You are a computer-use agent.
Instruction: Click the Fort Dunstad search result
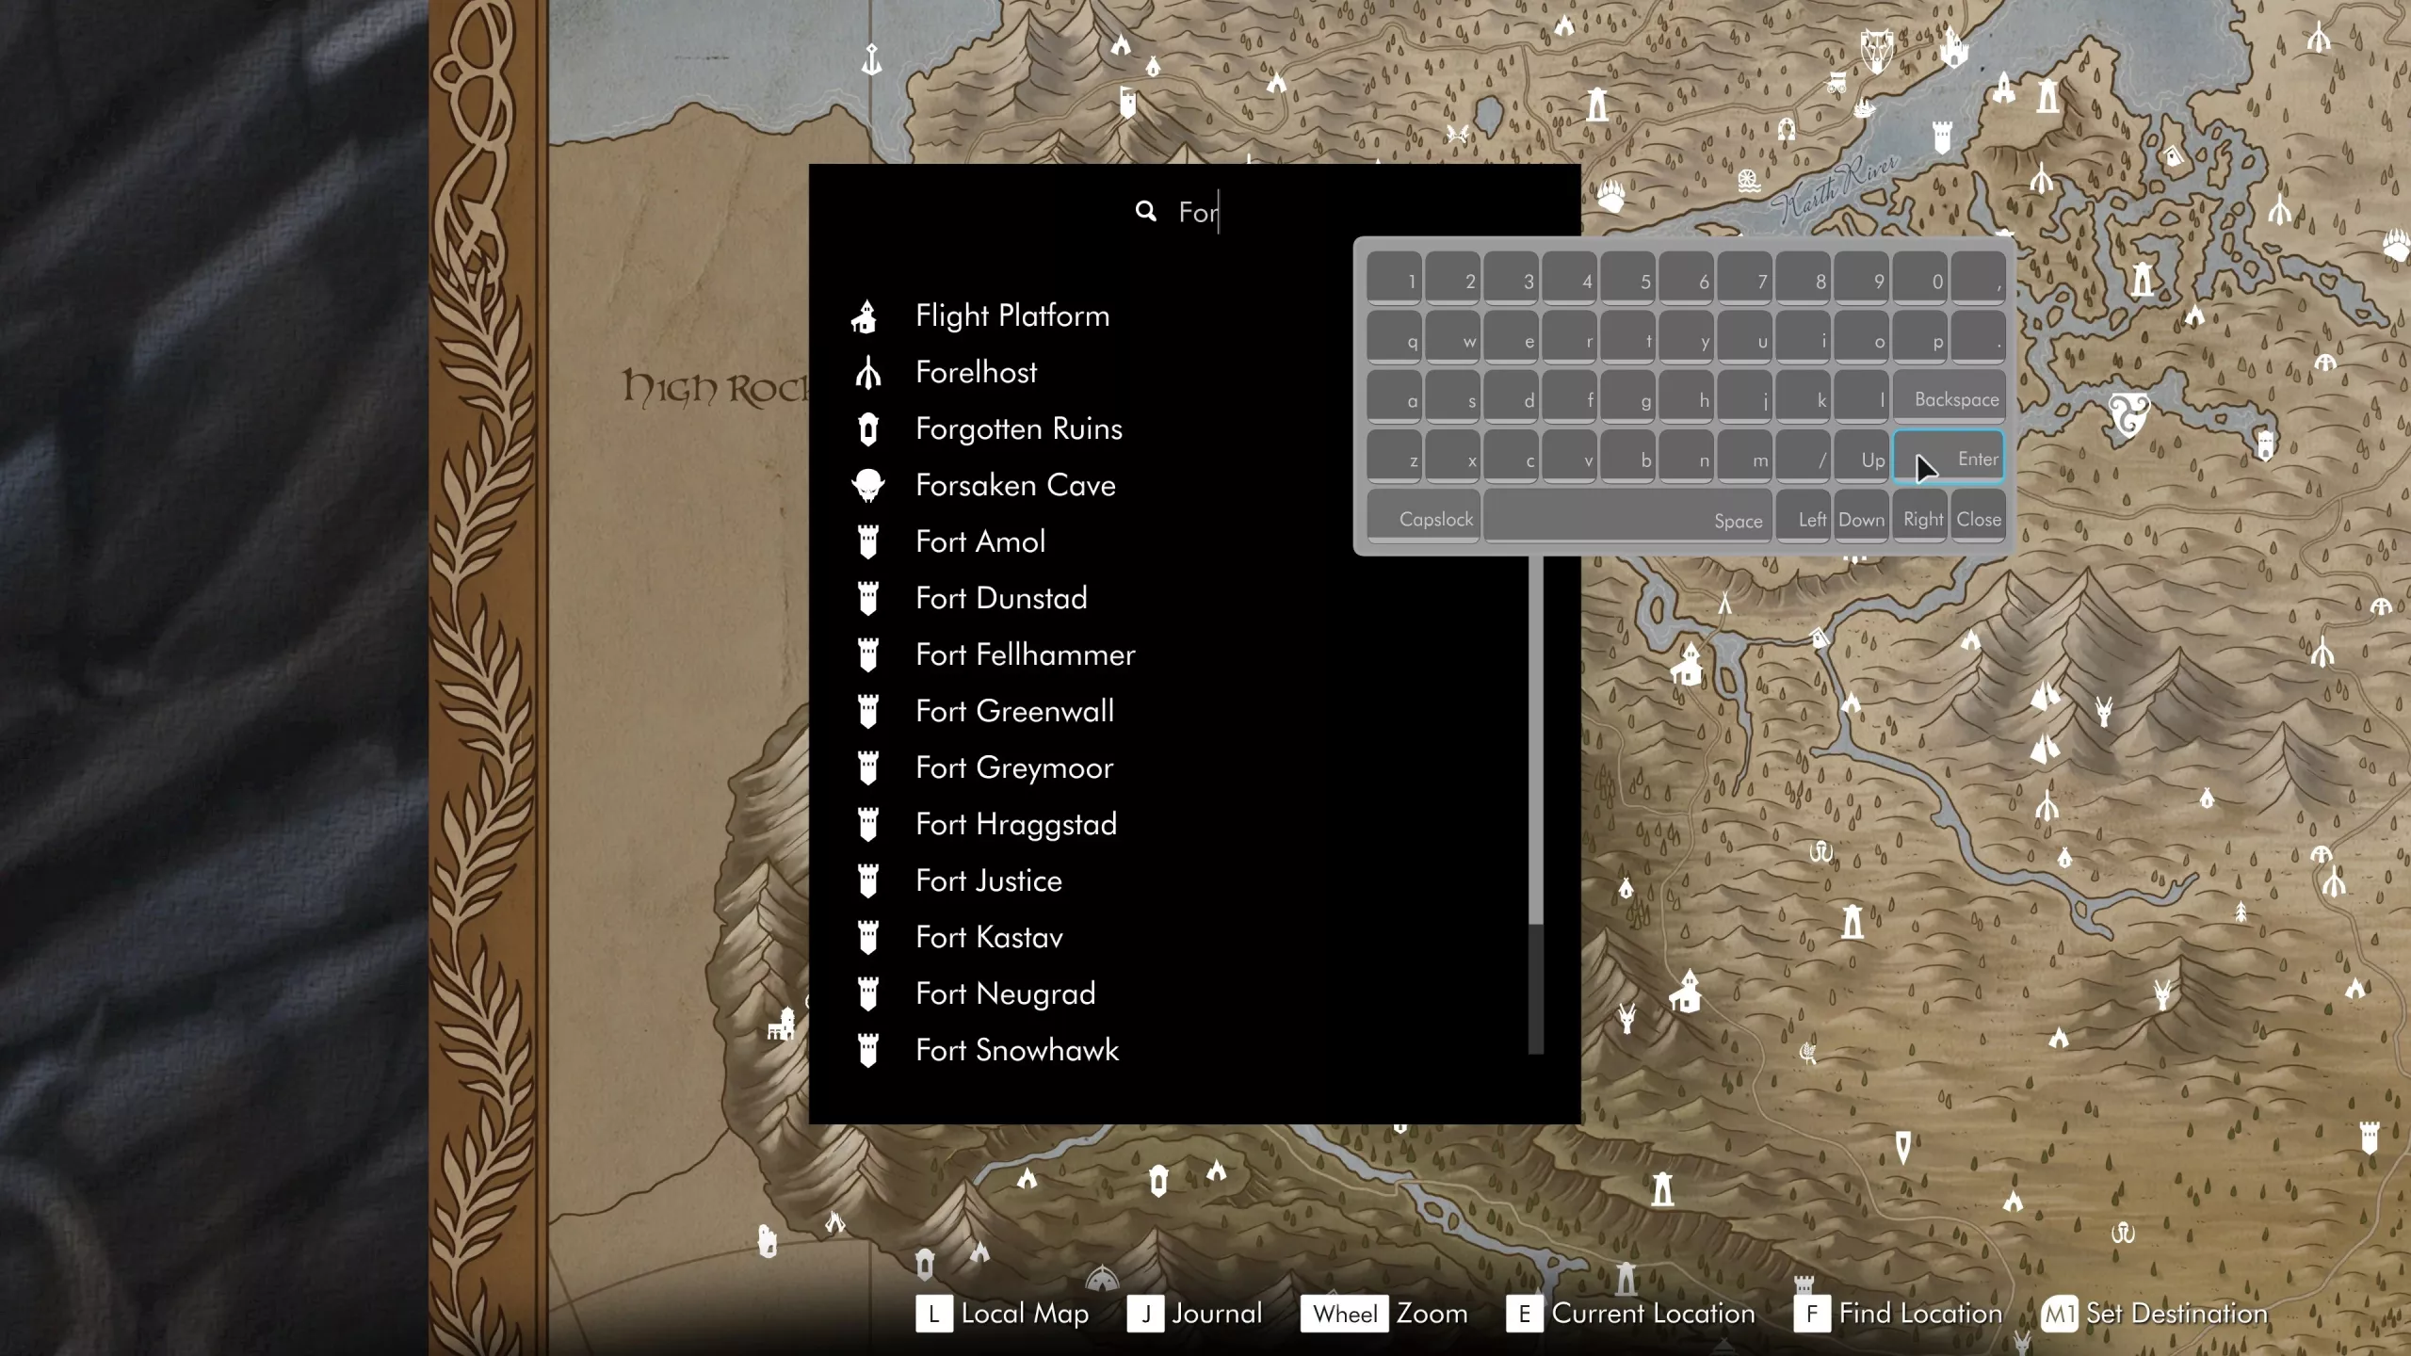click(x=1000, y=599)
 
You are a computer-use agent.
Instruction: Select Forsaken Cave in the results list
click(x=1014, y=486)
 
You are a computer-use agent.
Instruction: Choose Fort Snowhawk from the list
click(x=1016, y=1051)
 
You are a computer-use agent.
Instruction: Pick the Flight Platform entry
click(x=1011, y=316)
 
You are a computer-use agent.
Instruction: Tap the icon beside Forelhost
click(x=867, y=373)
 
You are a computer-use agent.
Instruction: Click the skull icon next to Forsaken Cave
click(x=867, y=486)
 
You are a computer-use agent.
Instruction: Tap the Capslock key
click(x=1424, y=519)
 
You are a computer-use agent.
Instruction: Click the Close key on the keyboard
click(x=1978, y=519)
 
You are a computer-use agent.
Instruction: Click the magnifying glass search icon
click(x=1145, y=212)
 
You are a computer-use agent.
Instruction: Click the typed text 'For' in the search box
click(x=1198, y=213)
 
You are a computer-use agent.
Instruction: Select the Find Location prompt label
click(x=1919, y=1314)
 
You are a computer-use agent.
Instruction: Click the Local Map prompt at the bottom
click(x=1024, y=1314)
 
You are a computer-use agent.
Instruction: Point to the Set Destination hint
click(x=2176, y=1314)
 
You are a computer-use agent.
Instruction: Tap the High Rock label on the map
click(x=716, y=388)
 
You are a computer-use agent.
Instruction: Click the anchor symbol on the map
click(x=872, y=60)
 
